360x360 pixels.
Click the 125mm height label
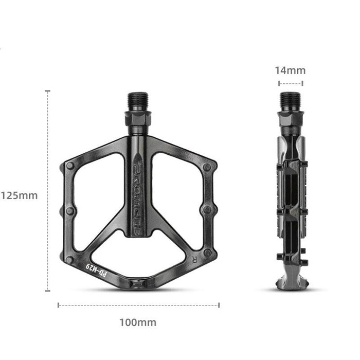19,195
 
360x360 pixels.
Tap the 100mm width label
138,323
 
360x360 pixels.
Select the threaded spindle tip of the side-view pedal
290,100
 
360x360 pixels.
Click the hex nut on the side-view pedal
290,121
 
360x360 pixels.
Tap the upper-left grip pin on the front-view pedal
70,166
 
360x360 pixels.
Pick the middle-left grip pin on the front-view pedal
69,210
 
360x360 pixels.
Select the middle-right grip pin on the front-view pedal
207,209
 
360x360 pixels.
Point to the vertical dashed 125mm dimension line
48,190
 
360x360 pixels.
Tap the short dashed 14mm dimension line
290,83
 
